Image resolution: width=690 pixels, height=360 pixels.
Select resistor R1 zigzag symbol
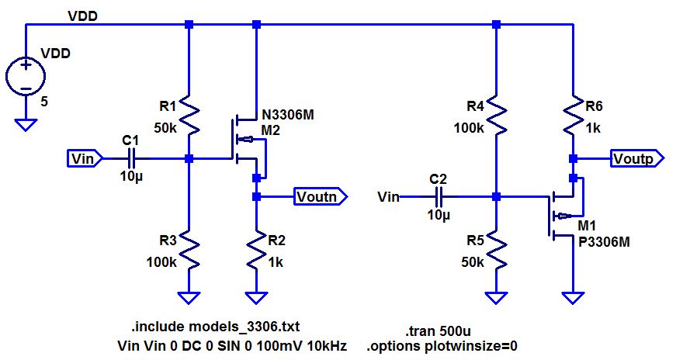[189, 116]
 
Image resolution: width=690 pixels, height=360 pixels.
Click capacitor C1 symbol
[130, 158]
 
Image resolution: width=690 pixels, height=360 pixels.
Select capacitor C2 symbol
[439, 197]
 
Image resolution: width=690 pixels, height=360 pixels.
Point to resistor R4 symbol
[497, 116]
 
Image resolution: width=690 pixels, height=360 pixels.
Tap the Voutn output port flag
[321, 197]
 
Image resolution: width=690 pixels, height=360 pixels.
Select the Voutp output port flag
[637, 158]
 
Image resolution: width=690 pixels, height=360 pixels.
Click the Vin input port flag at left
[84, 158]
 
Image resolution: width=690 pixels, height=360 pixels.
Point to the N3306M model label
[288, 115]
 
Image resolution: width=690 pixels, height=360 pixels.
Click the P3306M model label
[604, 241]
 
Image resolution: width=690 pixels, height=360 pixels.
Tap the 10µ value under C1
[130, 177]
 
